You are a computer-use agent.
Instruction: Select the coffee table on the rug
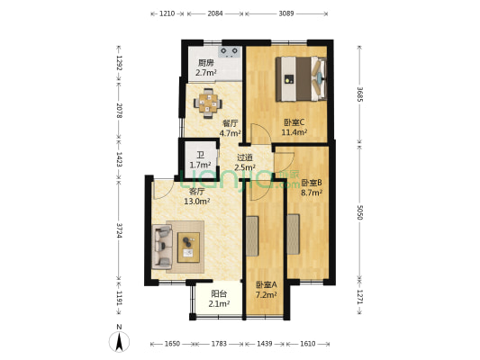189,245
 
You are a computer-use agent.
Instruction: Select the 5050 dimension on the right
359,212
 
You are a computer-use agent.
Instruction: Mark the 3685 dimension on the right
359,93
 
